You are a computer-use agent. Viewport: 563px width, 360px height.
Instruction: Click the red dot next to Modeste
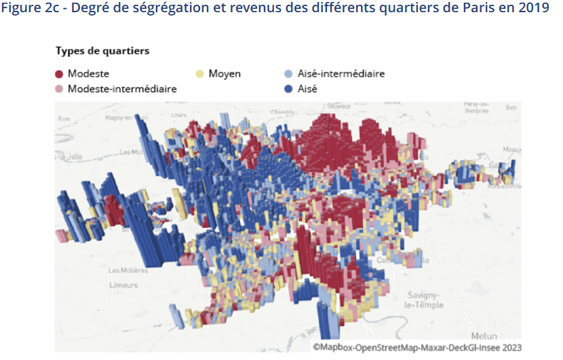(60, 74)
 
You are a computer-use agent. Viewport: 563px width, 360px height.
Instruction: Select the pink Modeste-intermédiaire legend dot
(60, 89)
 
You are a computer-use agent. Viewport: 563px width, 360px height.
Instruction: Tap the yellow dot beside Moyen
(200, 74)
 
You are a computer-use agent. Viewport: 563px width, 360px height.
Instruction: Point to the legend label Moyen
(225, 74)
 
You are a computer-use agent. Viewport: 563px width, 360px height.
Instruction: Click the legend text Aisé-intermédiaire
(341, 74)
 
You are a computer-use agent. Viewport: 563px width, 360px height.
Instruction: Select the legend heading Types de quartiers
(102, 52)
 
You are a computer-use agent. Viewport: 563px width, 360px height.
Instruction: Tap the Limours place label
(123, 285)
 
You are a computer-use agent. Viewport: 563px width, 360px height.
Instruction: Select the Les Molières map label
(128, 270)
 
